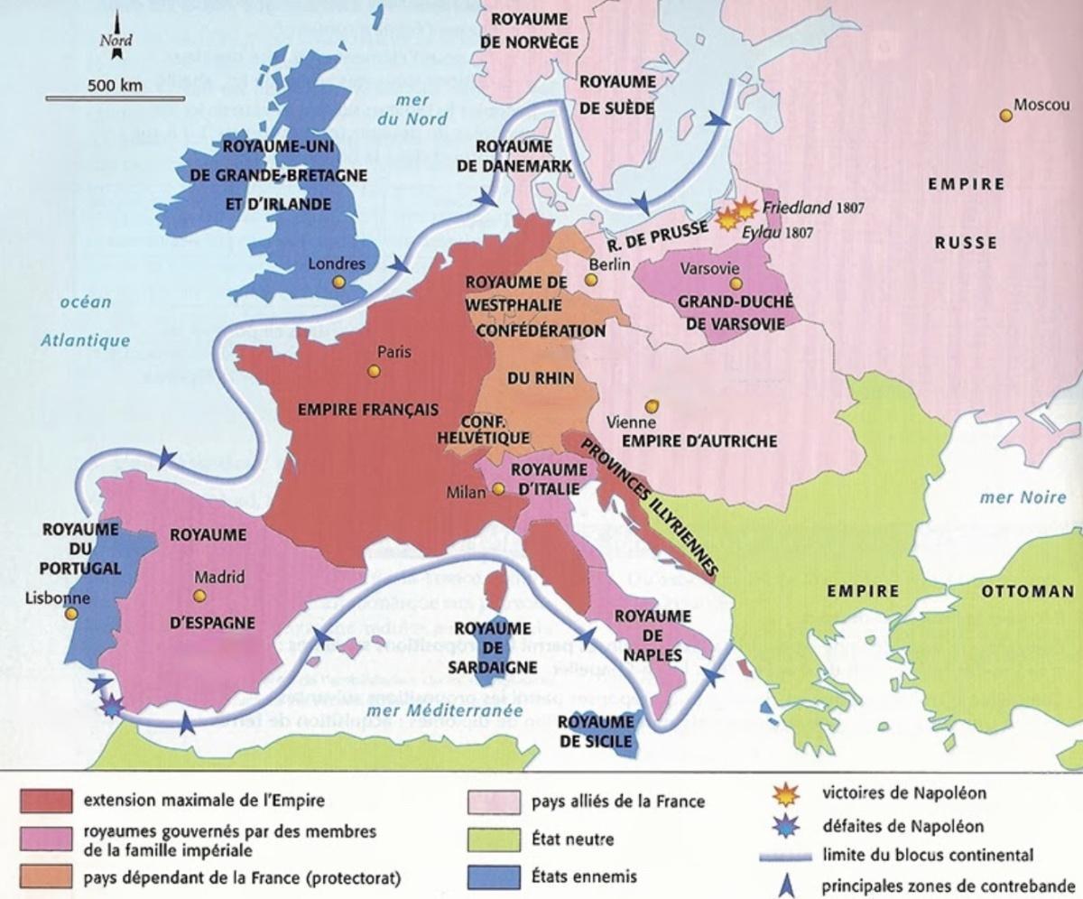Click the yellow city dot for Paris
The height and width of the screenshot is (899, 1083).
tap(374, 371)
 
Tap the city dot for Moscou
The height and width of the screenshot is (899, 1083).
tap(1004, 116)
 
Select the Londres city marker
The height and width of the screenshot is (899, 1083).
tap(338, 282)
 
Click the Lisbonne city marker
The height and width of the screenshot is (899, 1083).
tap(72, 613)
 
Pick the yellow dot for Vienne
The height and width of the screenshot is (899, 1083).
tap(652, 405)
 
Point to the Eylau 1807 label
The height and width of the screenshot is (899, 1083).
tap(783, 232)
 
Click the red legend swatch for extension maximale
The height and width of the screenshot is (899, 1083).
tap(45, 800)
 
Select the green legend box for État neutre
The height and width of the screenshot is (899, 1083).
tap(495, 839)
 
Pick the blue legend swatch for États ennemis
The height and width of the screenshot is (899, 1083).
tap(495, 876)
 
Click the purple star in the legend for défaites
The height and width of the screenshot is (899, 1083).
tap(787, 824)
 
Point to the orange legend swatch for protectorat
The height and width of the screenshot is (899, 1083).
tap(45, 876)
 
